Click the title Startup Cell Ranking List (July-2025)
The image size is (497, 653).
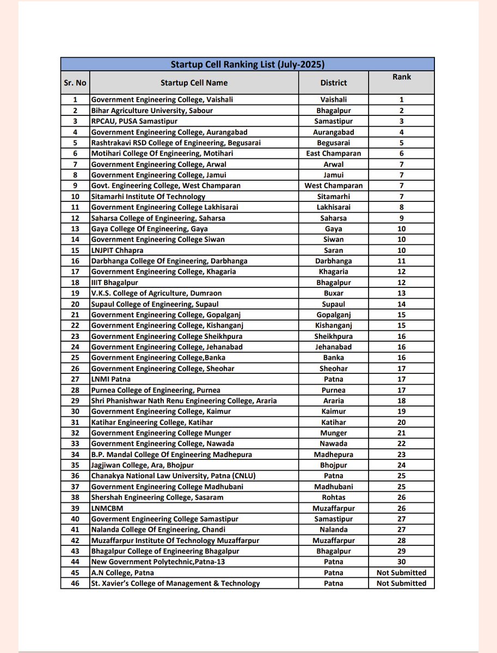(x=248, y=64)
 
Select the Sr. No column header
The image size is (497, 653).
(x=75, y=83)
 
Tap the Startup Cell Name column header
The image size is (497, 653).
(x=194, y=83)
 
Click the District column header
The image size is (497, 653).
(x=333, y=83)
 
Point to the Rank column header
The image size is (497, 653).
(x=401, y=77)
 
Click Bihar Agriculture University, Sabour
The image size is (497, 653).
(x=152, y=110)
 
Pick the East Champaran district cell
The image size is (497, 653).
(x=333, y=153)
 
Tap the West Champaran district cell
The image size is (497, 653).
(x=333, y=186)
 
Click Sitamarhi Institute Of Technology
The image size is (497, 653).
(x=148, y=196)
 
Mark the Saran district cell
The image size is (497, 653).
(x=333, y=250)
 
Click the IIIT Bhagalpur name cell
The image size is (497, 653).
(x=115, y=282)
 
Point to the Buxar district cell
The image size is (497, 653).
(x=333, y=293)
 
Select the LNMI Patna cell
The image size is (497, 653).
(x=111, y=379)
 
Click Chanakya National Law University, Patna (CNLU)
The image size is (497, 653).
(x=173, y=476)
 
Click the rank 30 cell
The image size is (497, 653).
(x=401, y=562)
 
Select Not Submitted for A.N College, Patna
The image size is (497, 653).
(x=401, y=572)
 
